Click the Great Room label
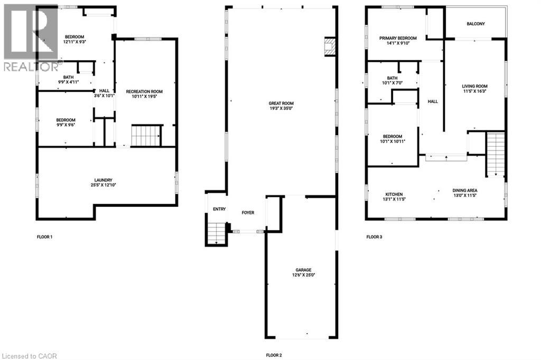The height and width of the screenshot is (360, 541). pos(281,103)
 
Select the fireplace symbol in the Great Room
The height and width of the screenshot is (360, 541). pos(330,46)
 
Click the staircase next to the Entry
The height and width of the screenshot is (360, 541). pos(216,233)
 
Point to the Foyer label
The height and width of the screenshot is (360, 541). pos(248,213)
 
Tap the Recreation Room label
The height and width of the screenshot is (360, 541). pos(144,91)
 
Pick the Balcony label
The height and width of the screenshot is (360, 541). pos(475,24)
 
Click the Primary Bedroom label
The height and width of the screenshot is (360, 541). pos(398,38)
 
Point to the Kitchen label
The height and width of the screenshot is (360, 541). pos(394,194)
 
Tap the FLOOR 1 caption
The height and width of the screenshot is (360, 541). pos(44,237)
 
